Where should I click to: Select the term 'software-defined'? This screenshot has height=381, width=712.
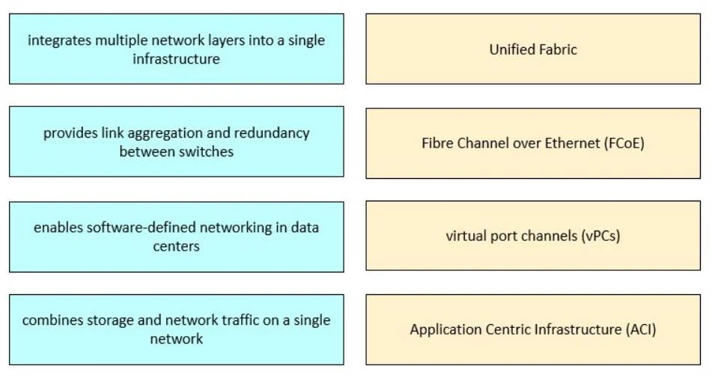pos(142,227)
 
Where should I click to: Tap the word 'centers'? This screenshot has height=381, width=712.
pos(176,246)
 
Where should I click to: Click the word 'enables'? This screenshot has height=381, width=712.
pos(58,227)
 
